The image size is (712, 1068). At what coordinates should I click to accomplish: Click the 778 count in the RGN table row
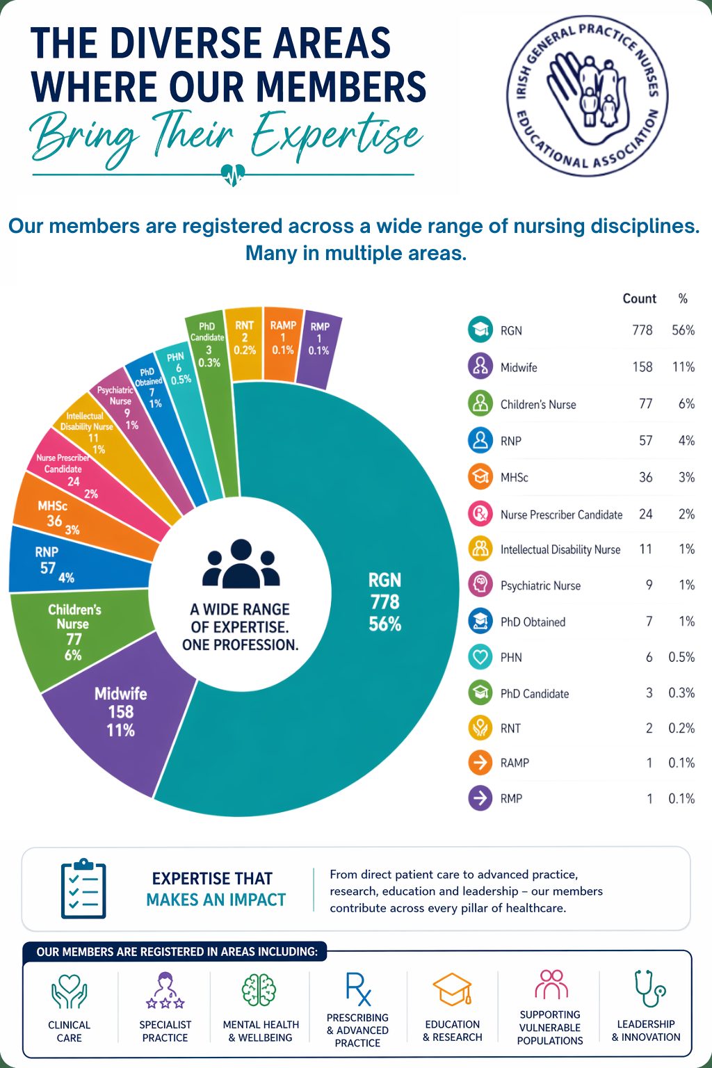pos(642,330)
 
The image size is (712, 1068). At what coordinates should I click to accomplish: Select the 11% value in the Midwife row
pos(683,367)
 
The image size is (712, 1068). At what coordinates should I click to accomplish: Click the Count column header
pos(639,298)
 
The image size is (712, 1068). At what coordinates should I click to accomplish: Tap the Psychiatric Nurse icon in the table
pos(480,585)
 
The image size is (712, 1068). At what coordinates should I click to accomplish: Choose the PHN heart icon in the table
pos(480,657)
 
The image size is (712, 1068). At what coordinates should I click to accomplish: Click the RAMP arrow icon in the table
pos(480,763)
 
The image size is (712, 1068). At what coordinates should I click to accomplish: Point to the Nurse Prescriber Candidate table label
pos(561,515)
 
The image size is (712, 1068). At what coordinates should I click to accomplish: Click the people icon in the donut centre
pos(241,564)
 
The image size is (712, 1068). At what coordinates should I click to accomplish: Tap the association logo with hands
pos(588,95)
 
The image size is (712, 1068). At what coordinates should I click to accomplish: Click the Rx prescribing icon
pos(358,989)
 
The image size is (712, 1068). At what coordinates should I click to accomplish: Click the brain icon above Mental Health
pos(259,990)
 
